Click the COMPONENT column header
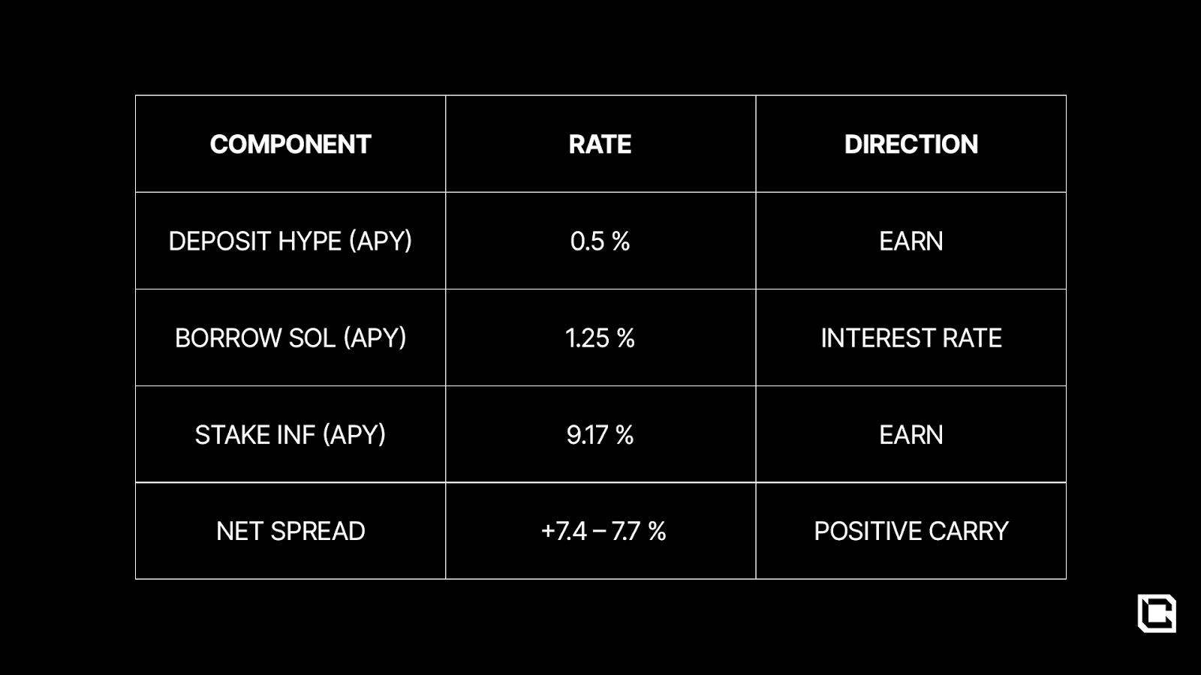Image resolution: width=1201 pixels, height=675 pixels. (290, 144)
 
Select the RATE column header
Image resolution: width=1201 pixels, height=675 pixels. (600, 144)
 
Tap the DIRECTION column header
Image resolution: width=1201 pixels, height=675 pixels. (911, 144)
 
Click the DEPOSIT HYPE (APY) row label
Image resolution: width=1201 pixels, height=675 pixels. (290, 241)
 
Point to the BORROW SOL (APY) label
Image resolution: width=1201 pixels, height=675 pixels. (290, 338)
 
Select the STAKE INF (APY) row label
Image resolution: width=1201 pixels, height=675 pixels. (290, 434)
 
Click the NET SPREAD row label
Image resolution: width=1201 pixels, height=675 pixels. (290, 531)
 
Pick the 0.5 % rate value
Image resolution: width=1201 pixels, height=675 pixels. (600, 241)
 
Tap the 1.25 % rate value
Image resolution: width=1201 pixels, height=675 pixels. (600, 338)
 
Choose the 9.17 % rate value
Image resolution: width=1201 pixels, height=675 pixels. (600, 434)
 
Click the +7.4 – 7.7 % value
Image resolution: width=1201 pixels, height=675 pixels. (604, 531)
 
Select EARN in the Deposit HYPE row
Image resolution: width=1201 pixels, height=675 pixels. (911, 241)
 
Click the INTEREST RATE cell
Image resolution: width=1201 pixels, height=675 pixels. (911, 338)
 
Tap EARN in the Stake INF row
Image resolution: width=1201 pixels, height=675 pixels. (911, 434)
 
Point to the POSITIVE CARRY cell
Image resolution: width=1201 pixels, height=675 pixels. (911, 531)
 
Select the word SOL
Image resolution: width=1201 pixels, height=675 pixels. (312, 338)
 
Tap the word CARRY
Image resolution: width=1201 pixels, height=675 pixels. (968, 531)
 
